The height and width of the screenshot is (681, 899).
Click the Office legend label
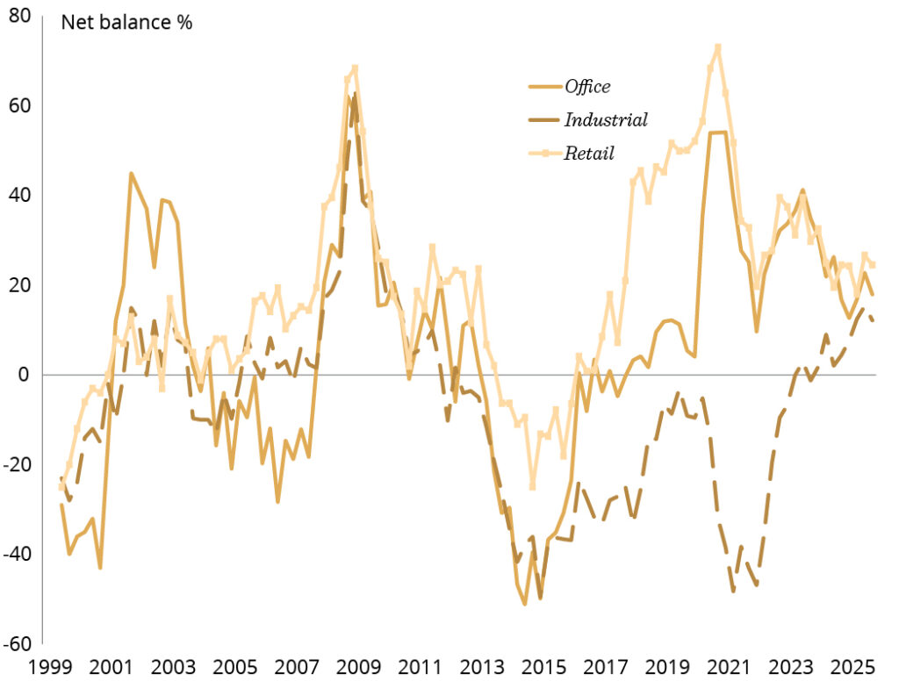tap(587, 86)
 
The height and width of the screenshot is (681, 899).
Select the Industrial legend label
tap(606, 119)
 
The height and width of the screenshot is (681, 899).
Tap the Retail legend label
tap(589, 153)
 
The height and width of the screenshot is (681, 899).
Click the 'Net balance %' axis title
tap(126, 22)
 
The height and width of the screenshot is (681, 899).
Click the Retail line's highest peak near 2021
tap(718, 47)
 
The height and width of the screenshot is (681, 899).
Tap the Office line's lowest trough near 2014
tap(525, 604)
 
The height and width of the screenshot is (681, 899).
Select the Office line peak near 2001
tap(131, 174)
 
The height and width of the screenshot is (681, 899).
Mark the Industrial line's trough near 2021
tap(733, 591)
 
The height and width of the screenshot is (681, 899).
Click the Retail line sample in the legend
tap(544, 153)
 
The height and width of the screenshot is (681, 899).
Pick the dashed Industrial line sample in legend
tap(544, 119)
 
